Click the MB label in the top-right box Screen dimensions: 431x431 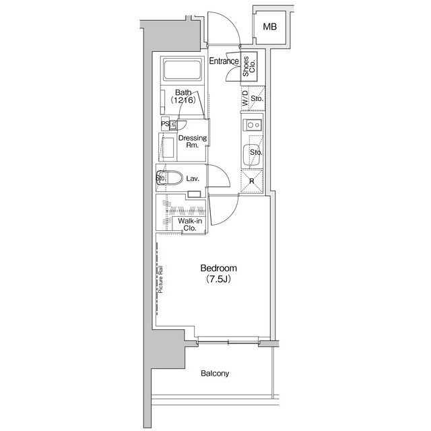(270, 27)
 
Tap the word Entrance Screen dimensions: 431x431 (224, 62)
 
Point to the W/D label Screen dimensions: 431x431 (244, 100)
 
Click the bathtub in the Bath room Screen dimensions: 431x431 (183, 70)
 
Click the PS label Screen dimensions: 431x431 (164, 124)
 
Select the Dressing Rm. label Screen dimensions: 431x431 (192, 142)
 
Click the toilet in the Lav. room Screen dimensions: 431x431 (171, 178)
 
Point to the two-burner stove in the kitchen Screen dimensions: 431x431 (254, 124)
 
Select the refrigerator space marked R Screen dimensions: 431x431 (252, 181)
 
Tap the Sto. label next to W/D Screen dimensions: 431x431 (257, 99)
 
